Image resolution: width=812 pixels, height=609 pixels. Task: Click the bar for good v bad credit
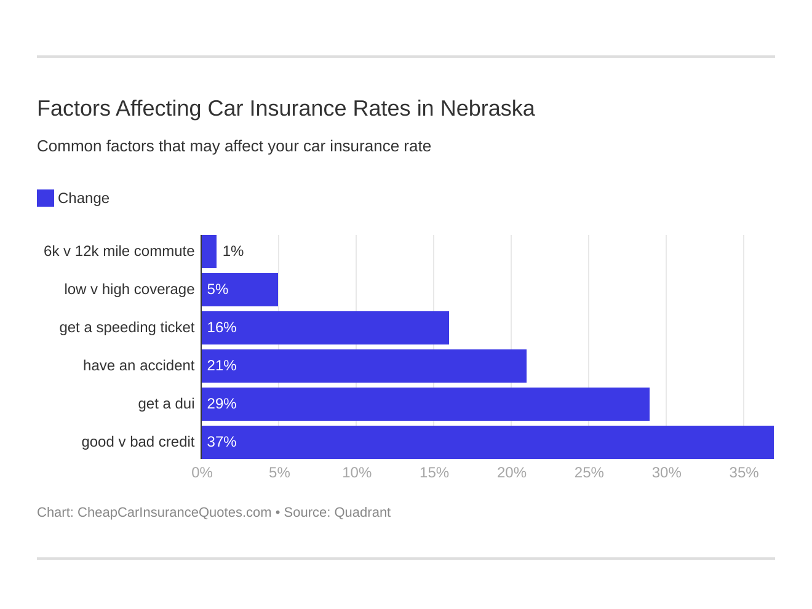tap(487, 442)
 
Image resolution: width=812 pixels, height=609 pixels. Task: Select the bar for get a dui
tap(425, 404)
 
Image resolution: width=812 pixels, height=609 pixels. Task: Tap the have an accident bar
tap(364, 366)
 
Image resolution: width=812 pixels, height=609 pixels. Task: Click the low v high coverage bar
tap(240, 290)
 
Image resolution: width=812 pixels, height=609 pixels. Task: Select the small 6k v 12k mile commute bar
tap(209, 252)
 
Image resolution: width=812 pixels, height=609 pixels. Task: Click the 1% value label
tap(233, 252)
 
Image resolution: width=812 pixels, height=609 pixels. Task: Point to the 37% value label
tap(221, 442)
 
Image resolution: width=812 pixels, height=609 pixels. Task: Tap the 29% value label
tap(221, 404)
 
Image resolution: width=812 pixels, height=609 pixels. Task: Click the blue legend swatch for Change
tap(46, 198)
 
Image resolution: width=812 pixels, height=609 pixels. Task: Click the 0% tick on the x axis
tap(202, 473)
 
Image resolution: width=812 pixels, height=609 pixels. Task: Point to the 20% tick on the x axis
tap(511, 473)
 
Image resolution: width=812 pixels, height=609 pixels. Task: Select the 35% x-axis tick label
tap(744, 473)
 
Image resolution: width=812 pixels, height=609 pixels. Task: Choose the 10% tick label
tap(357, 473)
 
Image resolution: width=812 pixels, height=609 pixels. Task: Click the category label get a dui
tap(166, 404)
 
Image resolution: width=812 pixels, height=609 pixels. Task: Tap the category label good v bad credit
tap(138, 442)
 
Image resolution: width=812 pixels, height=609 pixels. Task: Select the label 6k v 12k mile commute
tap(119, 252)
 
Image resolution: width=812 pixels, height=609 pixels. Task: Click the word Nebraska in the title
tap(487, 109)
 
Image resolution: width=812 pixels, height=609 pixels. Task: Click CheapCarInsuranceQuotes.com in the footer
tap(174, 512)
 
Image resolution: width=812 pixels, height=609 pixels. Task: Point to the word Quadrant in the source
tap(362, 512)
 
